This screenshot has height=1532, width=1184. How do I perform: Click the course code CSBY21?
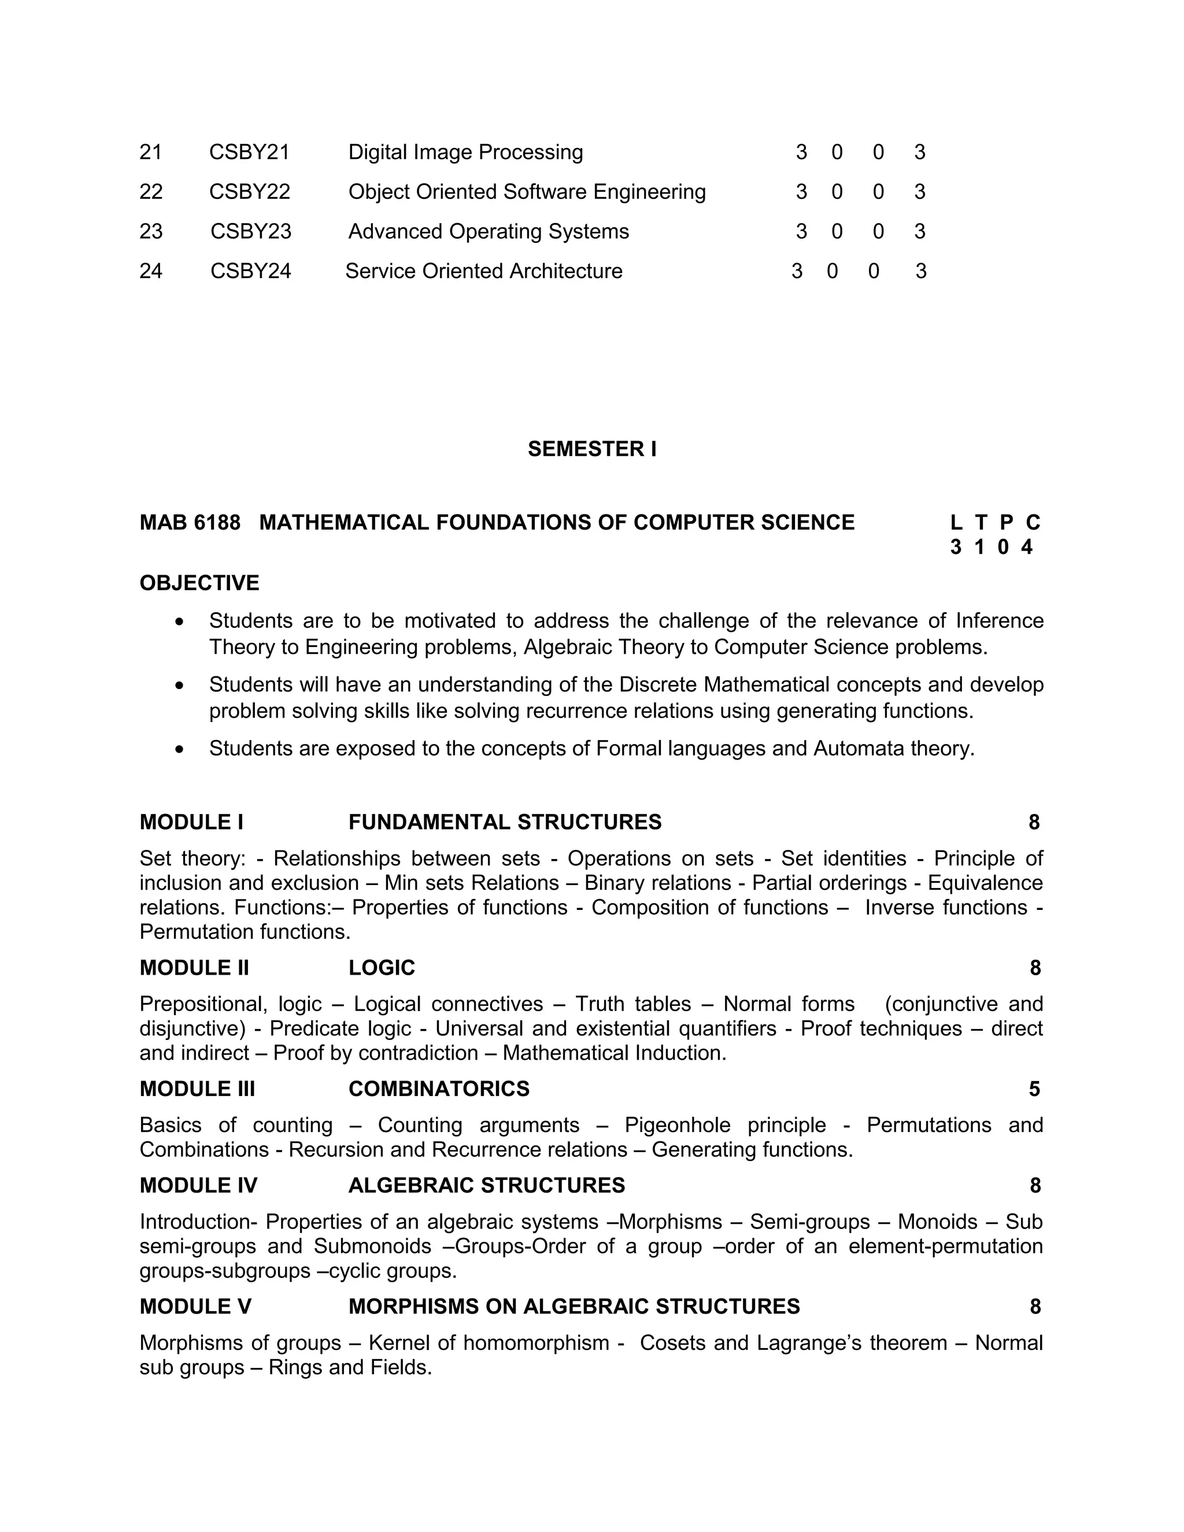[249, 152]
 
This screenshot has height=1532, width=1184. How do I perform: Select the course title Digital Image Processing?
[465, 152]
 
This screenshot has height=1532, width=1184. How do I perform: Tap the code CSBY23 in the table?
[250, 231]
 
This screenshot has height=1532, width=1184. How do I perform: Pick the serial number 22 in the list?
[151, 191]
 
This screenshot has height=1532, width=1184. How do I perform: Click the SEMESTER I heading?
[592, 449]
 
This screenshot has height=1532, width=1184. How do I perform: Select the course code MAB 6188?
[190, 523]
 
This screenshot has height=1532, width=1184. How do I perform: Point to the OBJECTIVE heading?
[199, 583]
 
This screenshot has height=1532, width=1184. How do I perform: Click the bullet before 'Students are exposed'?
[180, 750]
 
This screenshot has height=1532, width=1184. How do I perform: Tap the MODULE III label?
[197, 1089]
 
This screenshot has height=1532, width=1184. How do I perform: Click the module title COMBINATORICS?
[438, 1089]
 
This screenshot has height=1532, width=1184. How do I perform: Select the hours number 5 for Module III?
[1034, 1089]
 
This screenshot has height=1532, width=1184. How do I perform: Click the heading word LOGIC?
[382, 968]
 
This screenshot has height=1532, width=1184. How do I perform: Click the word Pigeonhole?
[677, 1125]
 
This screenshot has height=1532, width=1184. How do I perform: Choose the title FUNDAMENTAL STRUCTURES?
[504, 822]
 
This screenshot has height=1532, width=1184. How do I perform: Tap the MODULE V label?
[195, 1307]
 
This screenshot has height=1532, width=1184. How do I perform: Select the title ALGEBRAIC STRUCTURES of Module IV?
[486, 1186]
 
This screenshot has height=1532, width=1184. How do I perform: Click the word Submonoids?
[372, 1246]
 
